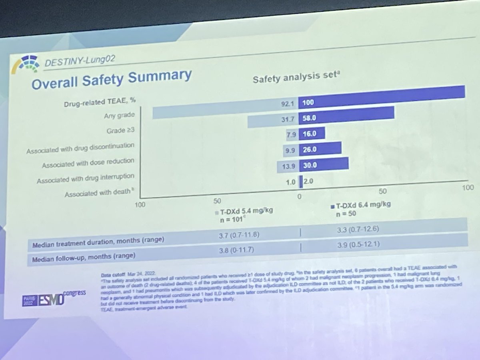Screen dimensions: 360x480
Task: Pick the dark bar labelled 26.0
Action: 324,148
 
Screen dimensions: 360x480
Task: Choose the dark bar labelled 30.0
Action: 328,164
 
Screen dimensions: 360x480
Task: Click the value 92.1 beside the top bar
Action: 288,103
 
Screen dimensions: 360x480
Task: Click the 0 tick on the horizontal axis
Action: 298,196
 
